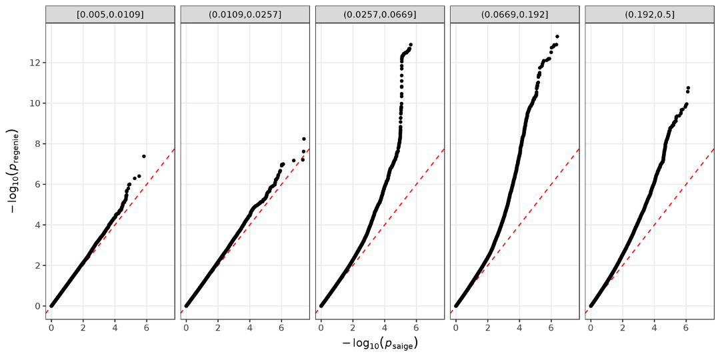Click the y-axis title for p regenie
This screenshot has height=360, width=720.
(x=15, y=171)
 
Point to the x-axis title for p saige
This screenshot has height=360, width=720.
(x=380, y=344)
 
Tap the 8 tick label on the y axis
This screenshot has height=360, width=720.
(x=37, y=144)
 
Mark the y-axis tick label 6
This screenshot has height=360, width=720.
(x=37, y=185)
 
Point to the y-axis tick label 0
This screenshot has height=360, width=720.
(x=37, y=306)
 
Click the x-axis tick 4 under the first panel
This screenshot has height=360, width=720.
(x=115, y=328)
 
